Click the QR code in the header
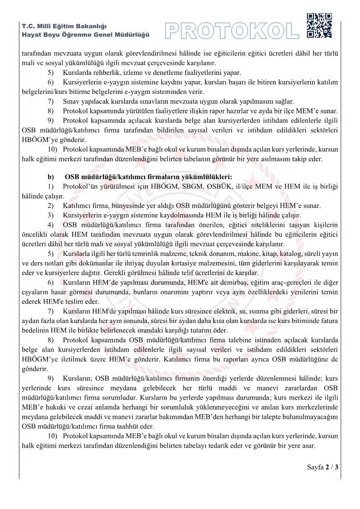click(x=319, y=26)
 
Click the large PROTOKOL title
click(x=232, y=30)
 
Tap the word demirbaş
click(x=218, y=283)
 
